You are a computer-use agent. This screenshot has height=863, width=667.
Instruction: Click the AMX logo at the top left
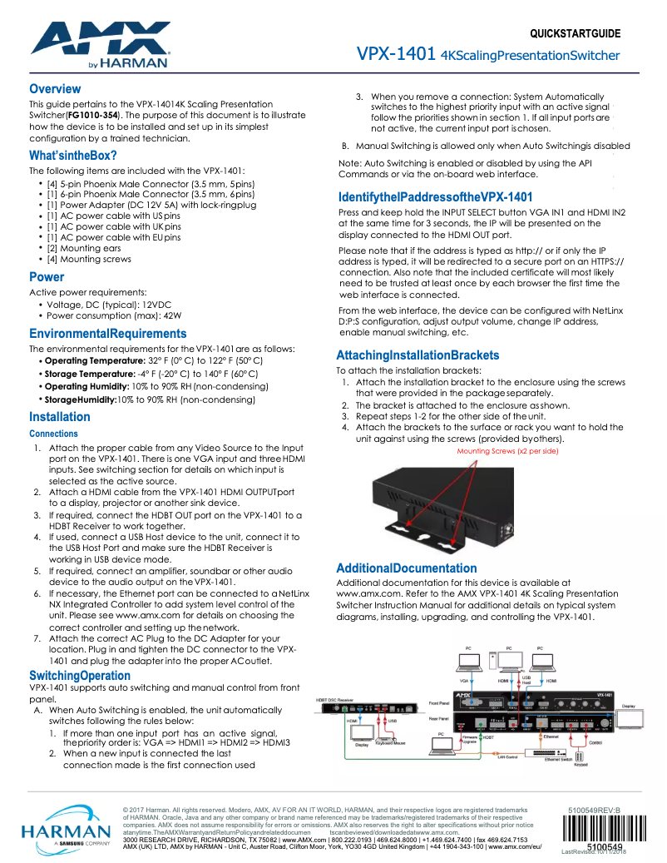tap(100, 42)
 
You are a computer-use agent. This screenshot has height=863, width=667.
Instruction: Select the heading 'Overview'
tap(55, 89)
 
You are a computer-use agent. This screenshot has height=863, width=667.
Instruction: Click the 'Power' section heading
tap(47, 277)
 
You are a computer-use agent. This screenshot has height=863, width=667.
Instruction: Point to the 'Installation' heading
tap(60, 417)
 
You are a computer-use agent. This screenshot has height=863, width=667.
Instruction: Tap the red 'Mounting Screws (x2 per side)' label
tap(507, 451)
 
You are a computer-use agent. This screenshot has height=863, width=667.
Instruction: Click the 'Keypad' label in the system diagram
tap(580, 765)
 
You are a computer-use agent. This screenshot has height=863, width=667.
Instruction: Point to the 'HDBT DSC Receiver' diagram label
tap(334, 700)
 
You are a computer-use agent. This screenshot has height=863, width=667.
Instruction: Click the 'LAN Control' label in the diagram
tap(507, 756)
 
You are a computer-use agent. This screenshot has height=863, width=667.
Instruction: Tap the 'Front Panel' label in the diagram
tap(440, 703)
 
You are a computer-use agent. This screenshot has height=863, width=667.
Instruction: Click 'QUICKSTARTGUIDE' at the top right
tap(575, 34)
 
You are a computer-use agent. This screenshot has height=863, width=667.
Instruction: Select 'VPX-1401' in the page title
tap(397, 55)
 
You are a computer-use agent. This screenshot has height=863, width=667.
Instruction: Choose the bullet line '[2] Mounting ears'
tap(83, 248)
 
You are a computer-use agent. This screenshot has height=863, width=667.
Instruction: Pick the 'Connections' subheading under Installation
tap(53, 434)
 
